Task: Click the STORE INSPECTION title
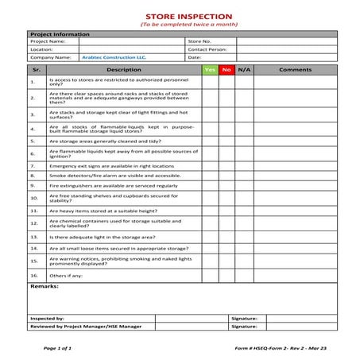point(183,16)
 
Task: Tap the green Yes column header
point(210,70)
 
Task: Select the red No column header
point(227,70)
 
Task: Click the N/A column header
point(244,70)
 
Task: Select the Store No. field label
point(199,41)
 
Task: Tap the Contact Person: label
point(207,49)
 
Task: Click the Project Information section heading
point(60,34)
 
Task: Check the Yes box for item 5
point(210,140)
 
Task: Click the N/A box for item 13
point(244,237)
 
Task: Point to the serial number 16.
point(33,275)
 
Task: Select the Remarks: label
point(45,286)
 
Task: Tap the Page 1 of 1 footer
point(57,348)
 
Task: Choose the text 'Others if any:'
point(66,275)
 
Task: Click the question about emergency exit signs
point(111,166)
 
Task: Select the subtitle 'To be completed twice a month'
point(183,25)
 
